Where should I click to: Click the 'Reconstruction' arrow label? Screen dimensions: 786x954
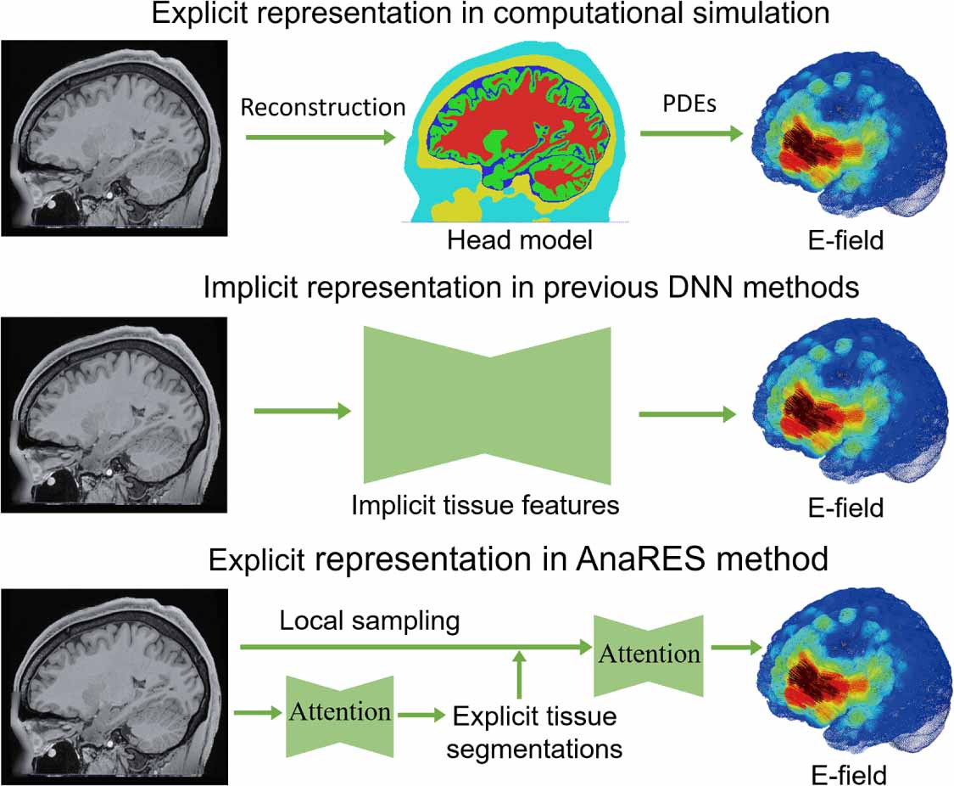point(323,107)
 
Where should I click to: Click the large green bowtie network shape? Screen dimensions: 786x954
point(487,404)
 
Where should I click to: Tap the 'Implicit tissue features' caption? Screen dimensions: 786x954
point(486,506)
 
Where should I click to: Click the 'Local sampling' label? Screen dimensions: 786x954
point(370,621)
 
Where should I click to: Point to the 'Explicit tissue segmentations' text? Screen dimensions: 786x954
point(536,732)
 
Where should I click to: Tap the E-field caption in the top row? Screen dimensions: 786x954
point(845,241)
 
